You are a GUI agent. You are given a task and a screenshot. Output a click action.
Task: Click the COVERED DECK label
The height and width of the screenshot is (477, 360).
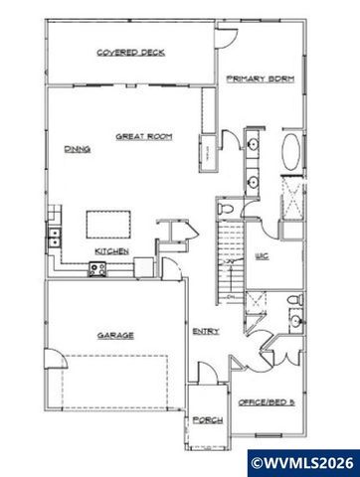pos(130,52)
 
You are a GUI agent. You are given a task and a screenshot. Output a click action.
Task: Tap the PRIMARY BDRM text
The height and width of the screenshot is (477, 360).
pos(261,79)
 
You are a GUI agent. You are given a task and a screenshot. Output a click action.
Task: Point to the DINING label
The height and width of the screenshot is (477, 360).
pos(78,149)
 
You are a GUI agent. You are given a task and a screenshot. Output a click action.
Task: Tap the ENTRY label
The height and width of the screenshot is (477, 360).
pos(206,331)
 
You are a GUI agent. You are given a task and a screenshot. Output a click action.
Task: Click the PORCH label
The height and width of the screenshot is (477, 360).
pos(207,420)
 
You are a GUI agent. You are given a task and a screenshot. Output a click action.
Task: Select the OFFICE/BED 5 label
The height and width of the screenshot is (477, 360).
pos(264,401)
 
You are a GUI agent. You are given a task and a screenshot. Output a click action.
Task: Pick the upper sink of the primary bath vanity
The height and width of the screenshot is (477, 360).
pos(253,146)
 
